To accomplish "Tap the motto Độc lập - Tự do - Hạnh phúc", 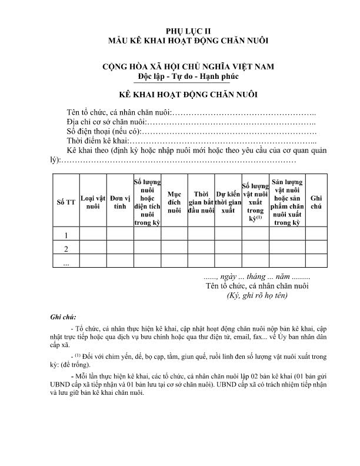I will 180,76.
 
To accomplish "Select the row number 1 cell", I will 66,235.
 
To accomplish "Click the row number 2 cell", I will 66,248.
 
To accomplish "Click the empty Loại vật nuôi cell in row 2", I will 93,248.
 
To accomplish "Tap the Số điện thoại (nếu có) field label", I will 104,132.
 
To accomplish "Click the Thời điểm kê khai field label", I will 97,142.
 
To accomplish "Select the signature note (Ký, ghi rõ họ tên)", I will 257,295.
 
